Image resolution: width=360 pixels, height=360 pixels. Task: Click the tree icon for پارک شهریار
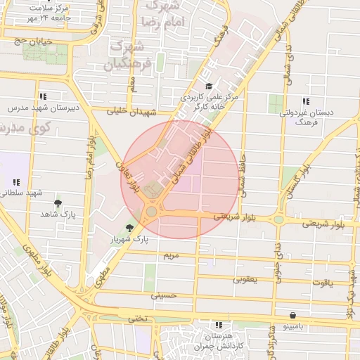click(129, 227)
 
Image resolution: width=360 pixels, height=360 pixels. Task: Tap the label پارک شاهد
click(58, 213)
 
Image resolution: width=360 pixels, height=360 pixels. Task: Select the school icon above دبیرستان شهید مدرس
click(44, 96)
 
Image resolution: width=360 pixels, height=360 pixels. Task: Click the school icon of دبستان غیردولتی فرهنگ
click(305, 101)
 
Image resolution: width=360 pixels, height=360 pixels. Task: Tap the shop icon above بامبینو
click(292, 316)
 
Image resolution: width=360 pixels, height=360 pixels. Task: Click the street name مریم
click(172, 255)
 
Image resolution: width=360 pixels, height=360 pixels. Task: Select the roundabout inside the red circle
click(152, 210)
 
